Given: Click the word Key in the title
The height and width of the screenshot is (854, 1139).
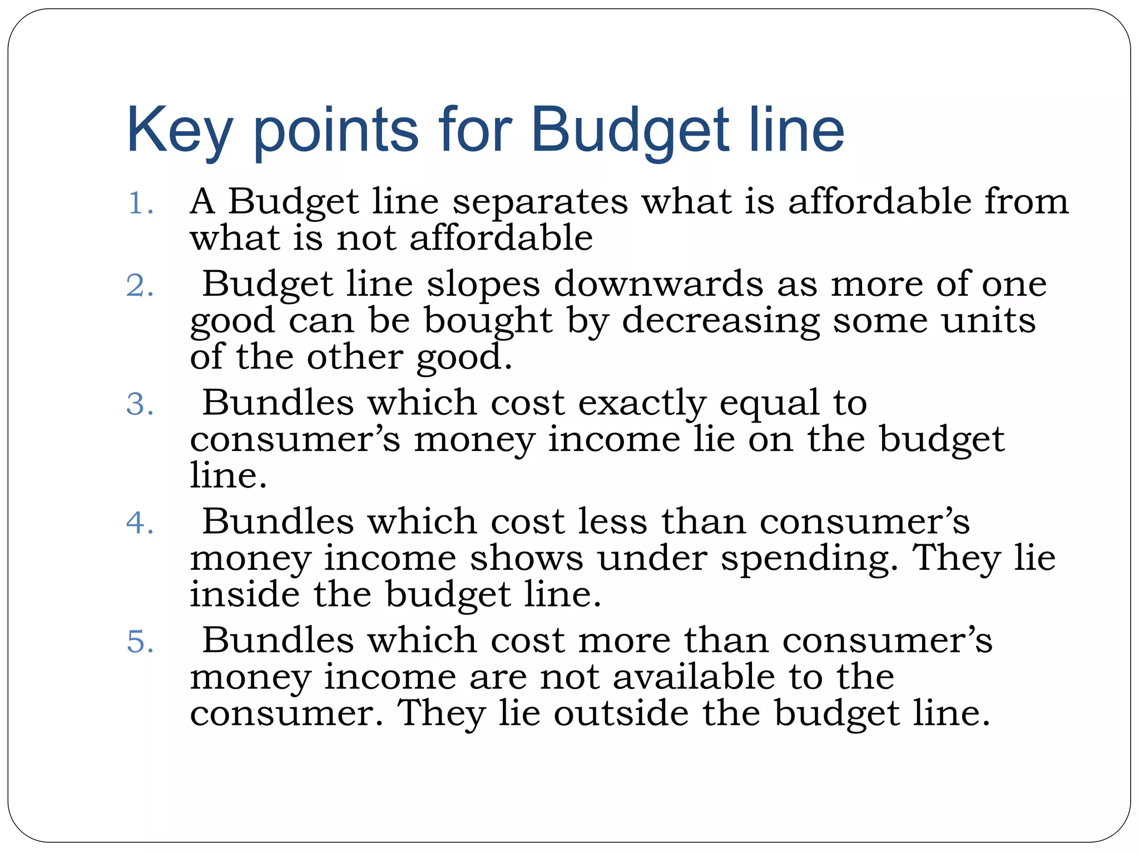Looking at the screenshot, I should (179, 131).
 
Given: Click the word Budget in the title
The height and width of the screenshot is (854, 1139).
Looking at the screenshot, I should (629, 131).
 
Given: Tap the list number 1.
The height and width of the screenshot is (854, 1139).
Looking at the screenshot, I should (140, 203).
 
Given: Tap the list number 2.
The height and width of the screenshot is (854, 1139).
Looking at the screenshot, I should (140, 286).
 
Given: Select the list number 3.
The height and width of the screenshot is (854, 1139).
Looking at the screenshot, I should (140, 405).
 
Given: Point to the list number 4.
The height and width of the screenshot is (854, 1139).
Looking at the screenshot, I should (140, 524).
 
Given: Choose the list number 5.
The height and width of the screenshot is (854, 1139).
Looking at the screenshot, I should (140, 642).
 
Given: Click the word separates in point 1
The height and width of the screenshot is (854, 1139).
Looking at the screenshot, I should (540, 201).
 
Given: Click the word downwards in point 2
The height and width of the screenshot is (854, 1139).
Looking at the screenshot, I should (658, 285).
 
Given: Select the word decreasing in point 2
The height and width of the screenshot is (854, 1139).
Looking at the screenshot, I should (720, 322).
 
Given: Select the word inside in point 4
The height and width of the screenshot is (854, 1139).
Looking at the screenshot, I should (245, 594).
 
